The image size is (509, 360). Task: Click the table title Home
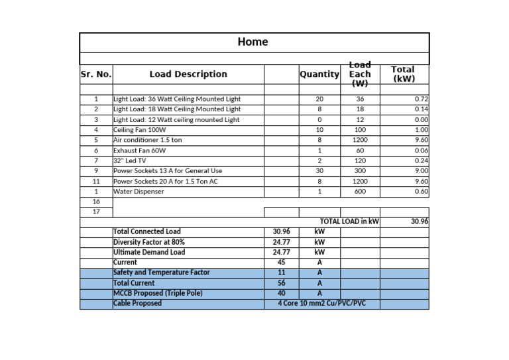pyautogui.click(x=253, y=42)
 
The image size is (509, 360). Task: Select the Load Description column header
pyautogui.click(x=188, y=74)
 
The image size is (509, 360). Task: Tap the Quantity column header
pyautogui.click(x=319, y=74)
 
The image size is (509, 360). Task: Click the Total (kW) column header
pyautogui.click(x=404, y=74)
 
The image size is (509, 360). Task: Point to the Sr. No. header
pyautogui.click(x=96, y=74)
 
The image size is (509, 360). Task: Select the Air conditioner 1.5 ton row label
pyautogui.click(x=147, y=140)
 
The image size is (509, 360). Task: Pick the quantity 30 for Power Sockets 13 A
pyautogui.click(x=319, y=171)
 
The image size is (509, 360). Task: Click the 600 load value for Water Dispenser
pyautogui.click(x=360, y=192)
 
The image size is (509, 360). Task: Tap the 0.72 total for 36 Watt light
pyautogui.click(x=421, y=99)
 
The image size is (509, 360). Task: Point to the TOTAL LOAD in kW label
pyautogui.click(x=349, y=221)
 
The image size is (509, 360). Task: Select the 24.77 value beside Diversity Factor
pyautogui.click(x=281, y=242)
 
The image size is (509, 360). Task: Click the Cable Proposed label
pyautogui.click(x=137, y=304)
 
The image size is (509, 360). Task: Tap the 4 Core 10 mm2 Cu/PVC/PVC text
pyautogui.click(x=321, y=304)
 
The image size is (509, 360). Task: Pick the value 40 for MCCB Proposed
pyautogui.click(x=281, y=293)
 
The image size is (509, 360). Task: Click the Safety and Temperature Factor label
pyautogui.click(x=161, y=272)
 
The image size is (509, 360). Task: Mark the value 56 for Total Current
pyautogui.click(x=281, y=283)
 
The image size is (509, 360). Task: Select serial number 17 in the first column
pyautogui.click(x=96, y=211)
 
